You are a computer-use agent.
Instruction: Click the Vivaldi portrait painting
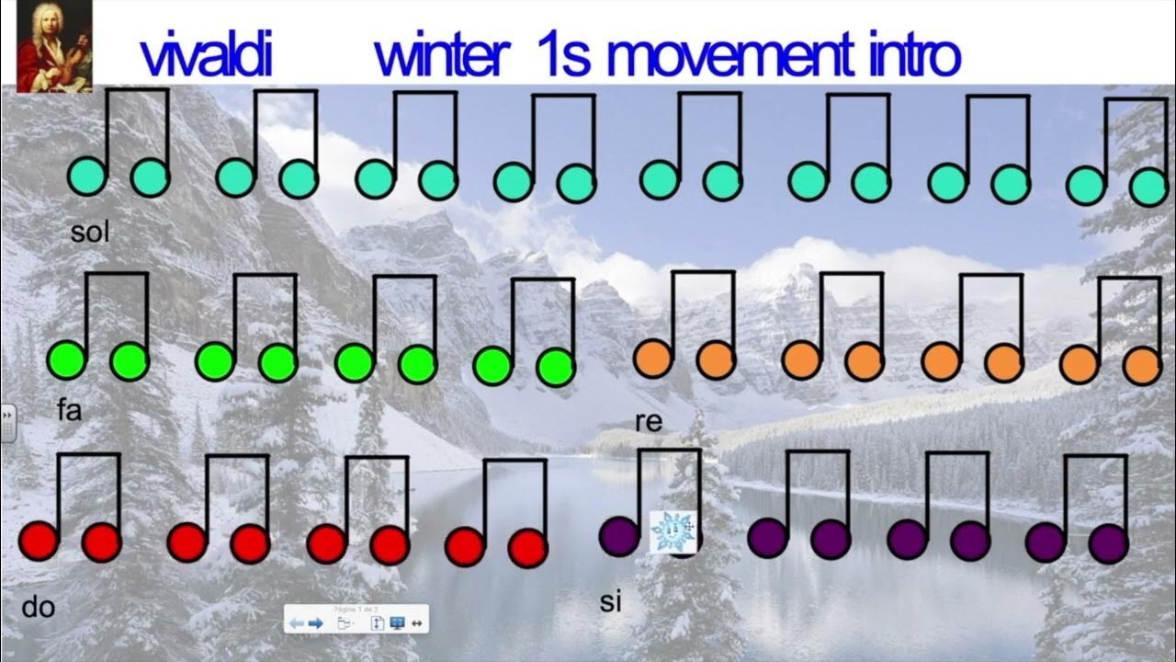[54, 45]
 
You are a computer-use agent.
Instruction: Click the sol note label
[90, 233]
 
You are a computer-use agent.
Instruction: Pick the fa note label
[69, 410]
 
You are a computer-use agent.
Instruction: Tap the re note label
[649, 422]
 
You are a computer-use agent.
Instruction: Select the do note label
[39, 607]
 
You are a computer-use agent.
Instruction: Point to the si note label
[611, 602]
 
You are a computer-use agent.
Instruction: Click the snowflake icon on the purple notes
[669, 532]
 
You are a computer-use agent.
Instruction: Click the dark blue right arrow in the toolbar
[315, 623]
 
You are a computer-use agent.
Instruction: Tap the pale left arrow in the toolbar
[297, 623]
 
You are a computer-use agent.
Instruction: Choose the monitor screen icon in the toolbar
[398, 623]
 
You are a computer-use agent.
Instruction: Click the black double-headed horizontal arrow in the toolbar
[417, 623]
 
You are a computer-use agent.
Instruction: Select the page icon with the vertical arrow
[377, 623]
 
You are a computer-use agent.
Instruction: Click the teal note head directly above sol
[88, 177]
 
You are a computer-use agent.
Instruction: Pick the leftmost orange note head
[653, 358]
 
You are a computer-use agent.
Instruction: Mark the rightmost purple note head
[1108, 543]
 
